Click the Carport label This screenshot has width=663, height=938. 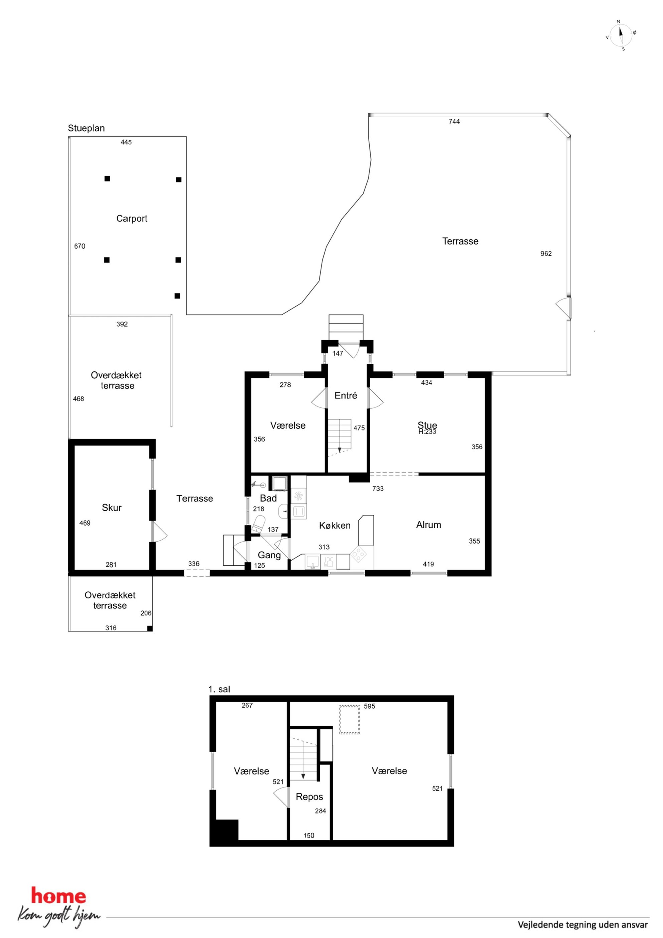tap(132, 219)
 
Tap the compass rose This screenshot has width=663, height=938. tap(621, 35)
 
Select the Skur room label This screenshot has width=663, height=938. tap(112, 507)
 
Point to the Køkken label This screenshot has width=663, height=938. tap(335, 526)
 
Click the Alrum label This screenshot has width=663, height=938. tap(428, 525)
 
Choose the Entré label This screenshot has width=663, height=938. tap(346, 395)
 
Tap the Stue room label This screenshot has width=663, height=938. tap(427, 425)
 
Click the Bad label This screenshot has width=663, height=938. tap(268, 498)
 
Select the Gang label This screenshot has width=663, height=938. tap(269, 555)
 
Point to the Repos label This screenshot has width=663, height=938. tap(309, 797)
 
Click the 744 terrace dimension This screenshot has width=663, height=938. tap(454, 121)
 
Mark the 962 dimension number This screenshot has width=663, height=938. tap(546, 254)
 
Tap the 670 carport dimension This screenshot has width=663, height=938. tap(80, 246)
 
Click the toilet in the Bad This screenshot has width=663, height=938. tap(258, 523)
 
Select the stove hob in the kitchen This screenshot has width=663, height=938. tap(359, 554)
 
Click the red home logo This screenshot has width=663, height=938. tap(59, 896)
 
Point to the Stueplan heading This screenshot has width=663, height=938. tap(86, 128)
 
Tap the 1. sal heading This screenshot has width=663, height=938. tap(219, 689)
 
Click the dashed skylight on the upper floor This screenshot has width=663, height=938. tap(350, 719)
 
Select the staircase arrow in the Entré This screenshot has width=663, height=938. tap(340, 450)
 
